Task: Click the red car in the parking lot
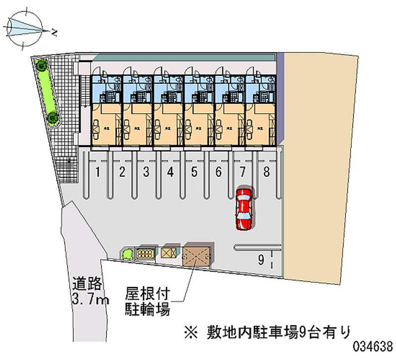[244, 208]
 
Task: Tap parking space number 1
[99, 173]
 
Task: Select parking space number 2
[122, 173]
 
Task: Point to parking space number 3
[146, 173]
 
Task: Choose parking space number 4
[170, 173]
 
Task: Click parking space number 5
[194, 173]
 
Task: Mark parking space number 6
[218, 173]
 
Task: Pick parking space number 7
[243, 173]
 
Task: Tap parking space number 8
[266, 173]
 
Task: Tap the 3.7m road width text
[90, 299]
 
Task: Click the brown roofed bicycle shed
[197, 255]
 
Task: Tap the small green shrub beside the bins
[127, 255]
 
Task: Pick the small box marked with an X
[168, 253]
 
